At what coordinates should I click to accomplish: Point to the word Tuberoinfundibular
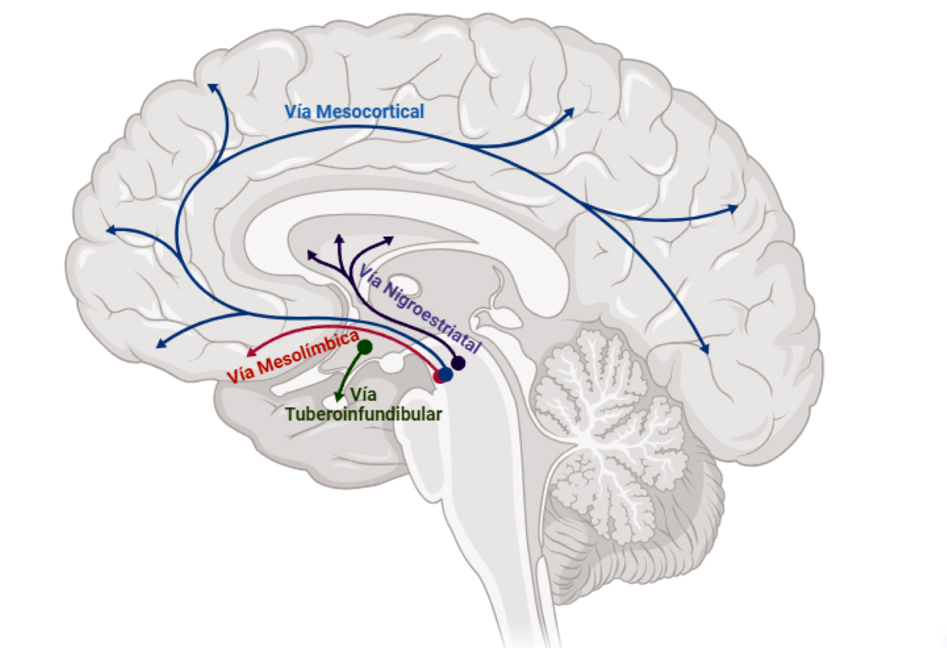(x=364, y=413)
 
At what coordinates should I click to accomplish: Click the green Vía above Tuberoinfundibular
(x=364, y=395)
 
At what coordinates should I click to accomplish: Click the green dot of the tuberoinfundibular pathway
(x=365, y=346)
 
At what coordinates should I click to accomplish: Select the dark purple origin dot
(x=457, y=365)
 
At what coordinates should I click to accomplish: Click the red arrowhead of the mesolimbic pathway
(x=252, y=353)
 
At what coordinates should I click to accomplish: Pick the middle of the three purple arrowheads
(x=340, y=238)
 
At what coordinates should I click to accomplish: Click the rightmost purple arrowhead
(x=388, y=238)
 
